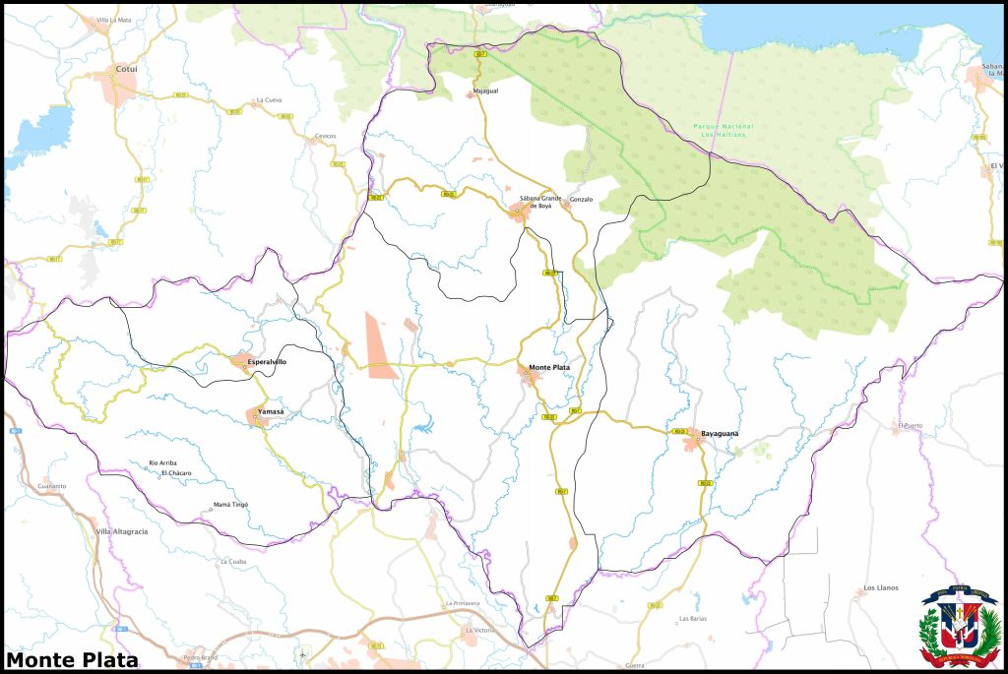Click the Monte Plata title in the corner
[72, 660]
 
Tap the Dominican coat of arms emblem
[958, 627]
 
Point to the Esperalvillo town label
[267, 362]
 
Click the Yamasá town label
[270, 411]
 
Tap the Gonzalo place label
[581, 200]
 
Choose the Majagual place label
[485, 91]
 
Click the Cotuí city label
[126, 70]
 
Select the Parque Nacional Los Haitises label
[723, 130]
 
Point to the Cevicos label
[325, 136]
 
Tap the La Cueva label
[268, 99]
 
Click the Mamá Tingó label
[230, 504]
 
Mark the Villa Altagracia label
[121, 531]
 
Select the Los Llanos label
[880, 587]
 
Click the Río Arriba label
[162, 462]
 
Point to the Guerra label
[634, 666]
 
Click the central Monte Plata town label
[549, 368]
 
